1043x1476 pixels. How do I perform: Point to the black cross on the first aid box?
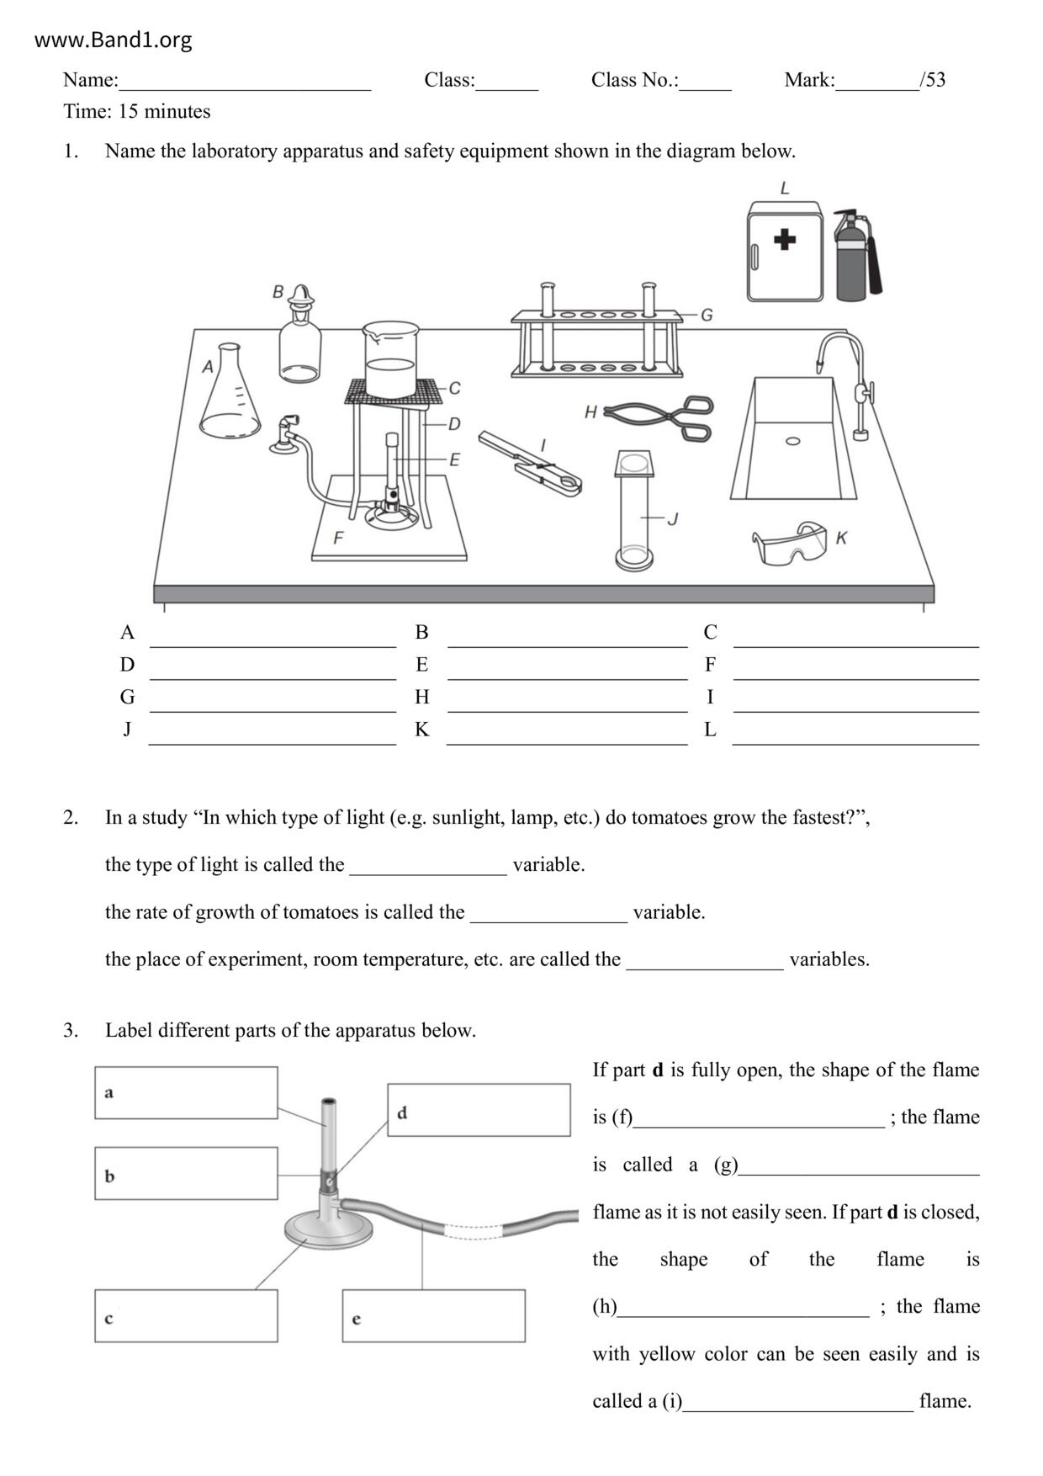coord(784,240)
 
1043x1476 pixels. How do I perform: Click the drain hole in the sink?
coord(792,441)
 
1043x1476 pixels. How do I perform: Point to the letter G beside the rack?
coord(707,315)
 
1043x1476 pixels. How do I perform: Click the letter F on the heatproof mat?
coord(338,537)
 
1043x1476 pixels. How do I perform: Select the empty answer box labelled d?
coord(479,1110)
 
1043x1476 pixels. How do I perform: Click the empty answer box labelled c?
coord(186,1315)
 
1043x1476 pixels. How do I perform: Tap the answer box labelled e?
coord(433,1315)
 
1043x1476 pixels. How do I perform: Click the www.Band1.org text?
coord(113,40)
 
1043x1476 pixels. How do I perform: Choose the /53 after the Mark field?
coord(933,80)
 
